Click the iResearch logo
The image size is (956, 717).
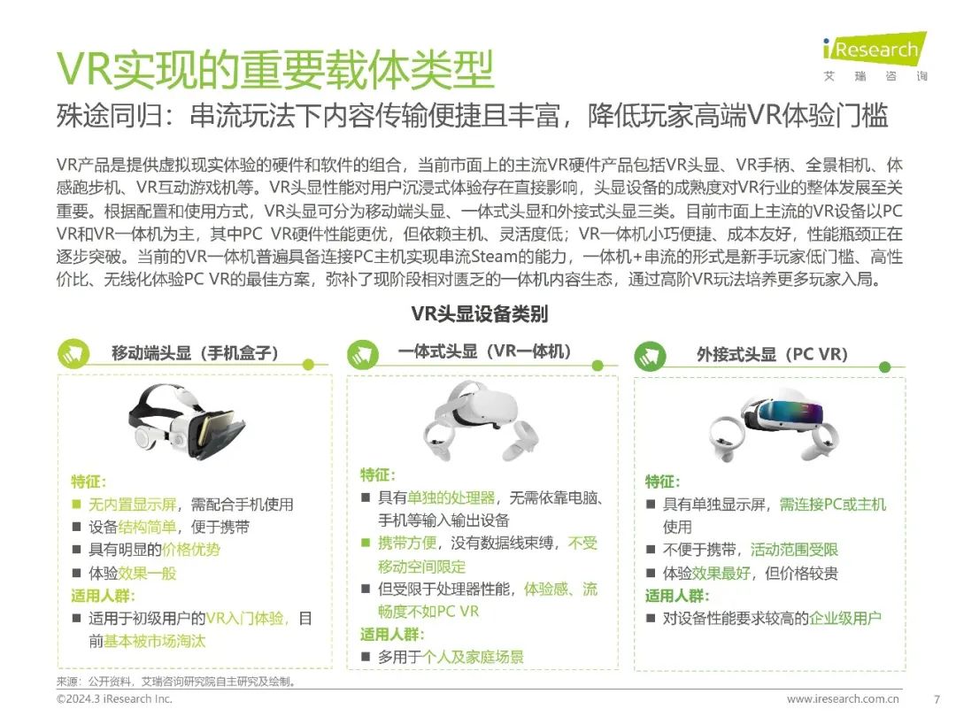click(x=875, y=56)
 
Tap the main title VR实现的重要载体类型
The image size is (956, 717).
click(x=275, y=70)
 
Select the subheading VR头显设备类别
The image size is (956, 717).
click(x=479, y=314)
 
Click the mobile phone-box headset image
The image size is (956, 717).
click(x=187, y=420)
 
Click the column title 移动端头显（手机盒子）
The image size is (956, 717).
click(x=195, y=353)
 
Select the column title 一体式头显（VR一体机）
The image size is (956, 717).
click(x=485, y=351)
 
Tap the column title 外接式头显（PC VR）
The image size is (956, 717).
click(x=773, y=354)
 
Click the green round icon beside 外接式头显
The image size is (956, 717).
click(x=650, y=356)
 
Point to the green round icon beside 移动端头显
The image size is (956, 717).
click(x=73, y=353)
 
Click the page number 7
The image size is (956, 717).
click(x=937, y=699)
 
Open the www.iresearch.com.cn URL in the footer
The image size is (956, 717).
click(x=843, y=698)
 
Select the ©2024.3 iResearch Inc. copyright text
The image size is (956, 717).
click(x=114, y=698)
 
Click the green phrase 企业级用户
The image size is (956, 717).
click(x=845, y=618)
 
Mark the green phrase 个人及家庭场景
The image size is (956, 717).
click(x=473, y=657)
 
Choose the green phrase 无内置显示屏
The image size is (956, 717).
click(x=132, y=505)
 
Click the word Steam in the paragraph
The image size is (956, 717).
click(x=494, y=257)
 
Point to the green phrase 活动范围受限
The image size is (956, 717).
click(x=794, y=550)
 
